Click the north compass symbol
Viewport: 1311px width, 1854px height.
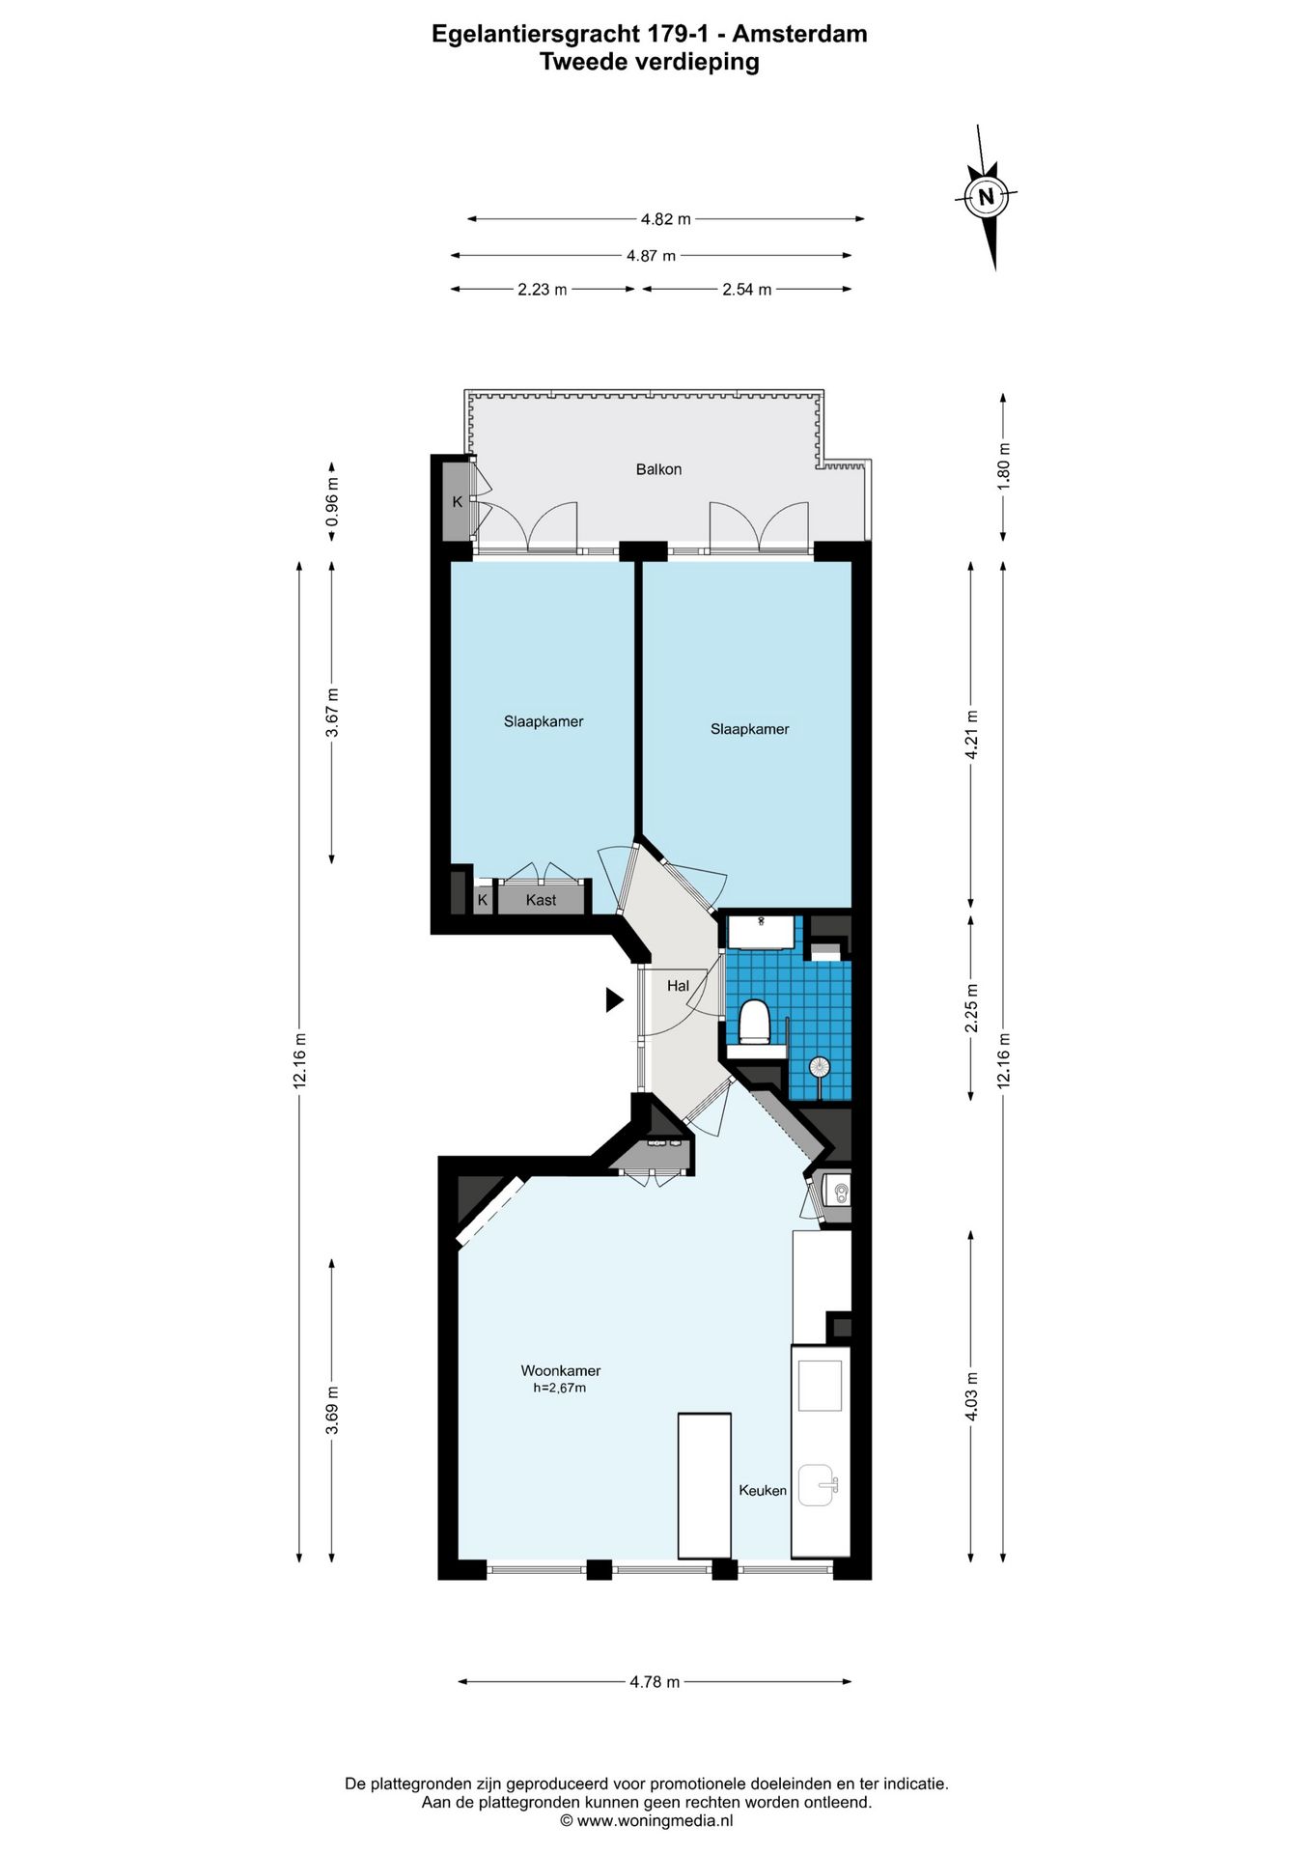point(986,197)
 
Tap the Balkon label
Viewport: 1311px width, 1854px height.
point(658,469)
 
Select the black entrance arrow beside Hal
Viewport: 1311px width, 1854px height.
point(614,999)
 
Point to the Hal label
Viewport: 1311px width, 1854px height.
point(678,986)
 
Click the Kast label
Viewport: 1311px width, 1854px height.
point(541,900)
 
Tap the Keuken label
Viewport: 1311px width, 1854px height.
point(763,1490)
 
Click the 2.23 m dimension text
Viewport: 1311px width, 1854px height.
point(542,289)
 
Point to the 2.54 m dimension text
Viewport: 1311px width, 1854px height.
point(747,289)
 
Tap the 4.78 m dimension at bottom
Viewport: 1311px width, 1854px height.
point(655,1681)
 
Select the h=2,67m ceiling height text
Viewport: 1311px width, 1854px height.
point(560,1388)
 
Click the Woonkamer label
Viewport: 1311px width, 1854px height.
point(561,1370)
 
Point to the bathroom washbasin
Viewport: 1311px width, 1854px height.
point(762,932)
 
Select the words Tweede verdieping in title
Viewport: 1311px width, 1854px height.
point(649,62)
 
